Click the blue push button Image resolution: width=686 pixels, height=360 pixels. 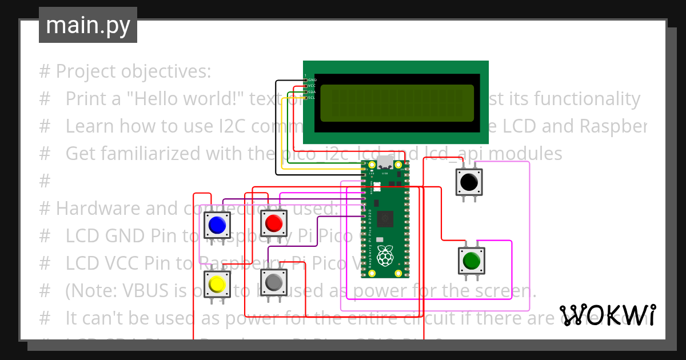217,225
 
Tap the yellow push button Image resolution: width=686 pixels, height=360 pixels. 217,284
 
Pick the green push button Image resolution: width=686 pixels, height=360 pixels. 472,261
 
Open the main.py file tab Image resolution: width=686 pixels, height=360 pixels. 88,25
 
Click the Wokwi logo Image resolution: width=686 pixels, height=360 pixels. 607,315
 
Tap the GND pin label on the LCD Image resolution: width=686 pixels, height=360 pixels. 312,80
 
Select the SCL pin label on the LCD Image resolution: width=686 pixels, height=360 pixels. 312,98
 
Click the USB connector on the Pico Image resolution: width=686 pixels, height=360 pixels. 385,162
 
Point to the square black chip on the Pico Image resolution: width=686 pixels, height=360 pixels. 386,218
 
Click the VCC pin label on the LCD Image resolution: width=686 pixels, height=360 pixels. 312,86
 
